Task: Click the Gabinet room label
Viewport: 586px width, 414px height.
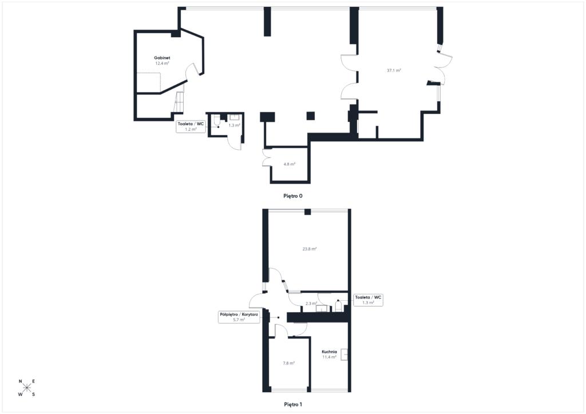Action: tap(162, 58)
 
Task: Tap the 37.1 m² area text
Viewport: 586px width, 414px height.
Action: tap(394, 70)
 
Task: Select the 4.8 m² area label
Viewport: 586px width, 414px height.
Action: tap(289, 164)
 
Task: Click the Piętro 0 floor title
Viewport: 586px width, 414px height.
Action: tap(292, 196)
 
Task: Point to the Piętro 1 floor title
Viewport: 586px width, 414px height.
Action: tap(292, 404)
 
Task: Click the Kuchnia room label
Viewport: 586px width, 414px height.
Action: tap(329, 352)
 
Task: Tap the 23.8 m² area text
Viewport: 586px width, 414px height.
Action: tap(310, 249)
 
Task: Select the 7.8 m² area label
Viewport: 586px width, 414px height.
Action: tap(288, 363)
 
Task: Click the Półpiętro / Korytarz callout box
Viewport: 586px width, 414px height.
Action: tap(239, 317)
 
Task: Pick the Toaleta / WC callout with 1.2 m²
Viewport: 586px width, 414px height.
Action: tap(191, 126)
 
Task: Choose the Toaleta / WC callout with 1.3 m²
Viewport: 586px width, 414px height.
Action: tap(368, 300)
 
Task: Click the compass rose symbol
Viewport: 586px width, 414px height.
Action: tap(26, 388)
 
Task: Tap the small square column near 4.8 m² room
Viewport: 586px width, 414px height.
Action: tap(311, 116)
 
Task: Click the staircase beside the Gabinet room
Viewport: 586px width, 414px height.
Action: tap(179, 102)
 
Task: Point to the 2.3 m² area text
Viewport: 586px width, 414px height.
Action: tap(311, 304)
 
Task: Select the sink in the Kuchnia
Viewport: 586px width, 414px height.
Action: tap(344, 355)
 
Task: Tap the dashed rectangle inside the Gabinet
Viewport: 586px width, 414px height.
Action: tap(149, 82)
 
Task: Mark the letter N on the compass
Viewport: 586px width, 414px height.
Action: tap(20, 381)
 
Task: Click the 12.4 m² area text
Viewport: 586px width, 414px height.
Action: tap(162, 63)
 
